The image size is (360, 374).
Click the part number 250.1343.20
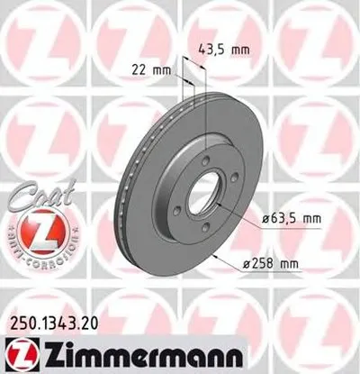coord(53,318)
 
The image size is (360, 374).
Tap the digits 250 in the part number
coord(22,318)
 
